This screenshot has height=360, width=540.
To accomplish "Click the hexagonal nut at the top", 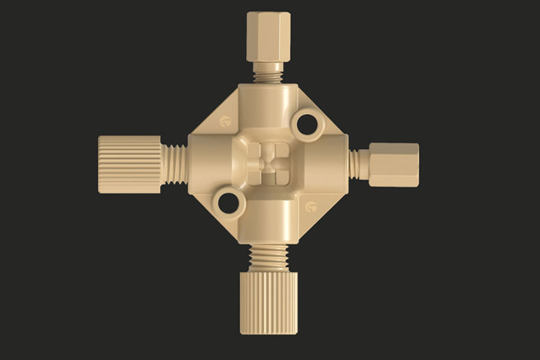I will click(267, 36).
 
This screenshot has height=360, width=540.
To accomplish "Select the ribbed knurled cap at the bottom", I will click(267, 304).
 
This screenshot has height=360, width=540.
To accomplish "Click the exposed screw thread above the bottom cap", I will click(267, 260).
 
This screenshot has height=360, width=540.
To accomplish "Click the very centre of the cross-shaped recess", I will click(267, 165).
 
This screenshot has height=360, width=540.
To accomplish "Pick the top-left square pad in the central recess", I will click(256, 152).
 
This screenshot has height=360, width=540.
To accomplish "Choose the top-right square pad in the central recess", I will click(278, 152).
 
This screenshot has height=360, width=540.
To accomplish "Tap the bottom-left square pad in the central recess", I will click(256, 176).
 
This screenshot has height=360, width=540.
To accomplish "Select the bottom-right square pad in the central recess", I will click(278, 176).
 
